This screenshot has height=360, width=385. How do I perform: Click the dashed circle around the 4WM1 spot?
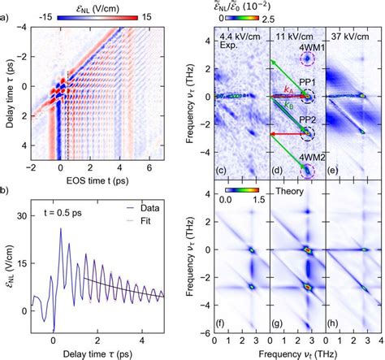(x=307, y=59)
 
